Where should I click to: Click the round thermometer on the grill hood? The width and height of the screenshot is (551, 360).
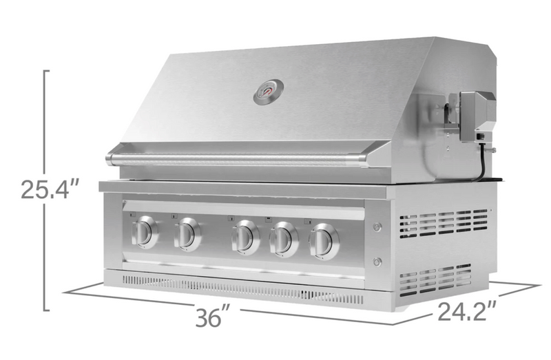pos(269,92)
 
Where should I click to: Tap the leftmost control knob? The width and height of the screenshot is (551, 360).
pos(145,232)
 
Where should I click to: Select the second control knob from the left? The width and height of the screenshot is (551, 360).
pos(187,235)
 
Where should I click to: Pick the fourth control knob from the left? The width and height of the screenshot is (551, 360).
pos(284,240)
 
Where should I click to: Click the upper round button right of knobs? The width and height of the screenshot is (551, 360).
pos(377,227)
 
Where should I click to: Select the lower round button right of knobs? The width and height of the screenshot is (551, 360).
pos(377,262)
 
